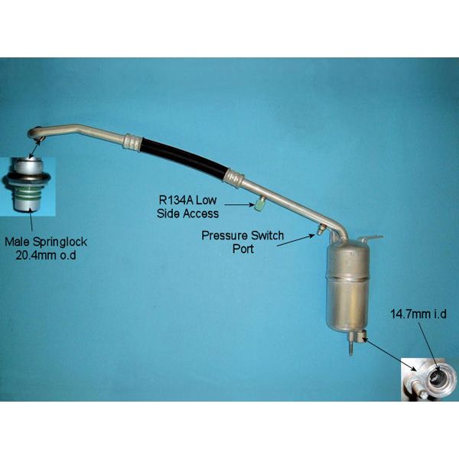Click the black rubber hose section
(183, 158)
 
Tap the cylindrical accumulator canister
(350, 285)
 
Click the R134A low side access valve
(260, 203)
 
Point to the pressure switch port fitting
(319, 229)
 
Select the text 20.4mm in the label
(37, 256)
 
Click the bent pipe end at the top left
(37, 133)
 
